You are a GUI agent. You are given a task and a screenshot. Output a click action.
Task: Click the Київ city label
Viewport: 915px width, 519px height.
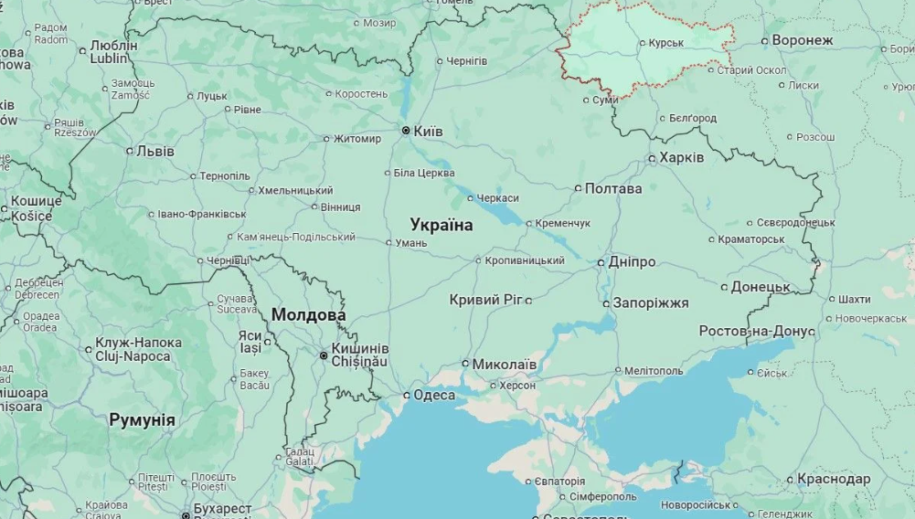[428, 132]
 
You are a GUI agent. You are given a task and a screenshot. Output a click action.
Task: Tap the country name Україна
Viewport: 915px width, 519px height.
[442, 225]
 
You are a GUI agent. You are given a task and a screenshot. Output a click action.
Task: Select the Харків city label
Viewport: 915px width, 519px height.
[682, 157]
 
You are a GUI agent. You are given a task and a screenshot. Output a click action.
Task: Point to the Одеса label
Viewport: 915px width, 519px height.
[434, 395]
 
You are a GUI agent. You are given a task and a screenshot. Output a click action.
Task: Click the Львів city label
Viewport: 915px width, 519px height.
[154, 151]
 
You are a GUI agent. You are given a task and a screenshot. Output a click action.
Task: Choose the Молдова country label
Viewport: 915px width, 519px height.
[308, 315]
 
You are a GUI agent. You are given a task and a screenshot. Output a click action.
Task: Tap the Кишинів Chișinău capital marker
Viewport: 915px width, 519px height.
[324, 355]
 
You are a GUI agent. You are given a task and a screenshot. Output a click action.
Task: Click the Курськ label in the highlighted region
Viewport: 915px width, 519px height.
[665, 43]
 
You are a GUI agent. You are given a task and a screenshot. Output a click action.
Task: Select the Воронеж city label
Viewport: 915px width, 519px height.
[803, 40]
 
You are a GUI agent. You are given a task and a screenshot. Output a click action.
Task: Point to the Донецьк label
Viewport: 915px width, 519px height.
[761, 287]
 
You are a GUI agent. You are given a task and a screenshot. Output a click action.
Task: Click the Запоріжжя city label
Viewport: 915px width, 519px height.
[651, 303]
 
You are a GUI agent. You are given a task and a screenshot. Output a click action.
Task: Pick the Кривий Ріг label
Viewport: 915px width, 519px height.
[485, 300]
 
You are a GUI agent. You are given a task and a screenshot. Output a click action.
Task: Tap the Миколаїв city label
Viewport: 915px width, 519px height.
[505, 364]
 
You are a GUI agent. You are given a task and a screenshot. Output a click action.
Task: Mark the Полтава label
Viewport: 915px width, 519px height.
[613, 188]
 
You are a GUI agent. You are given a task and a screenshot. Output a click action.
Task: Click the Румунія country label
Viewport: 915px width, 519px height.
[142, 419]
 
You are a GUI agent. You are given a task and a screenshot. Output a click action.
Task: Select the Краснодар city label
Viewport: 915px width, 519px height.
[834, 479]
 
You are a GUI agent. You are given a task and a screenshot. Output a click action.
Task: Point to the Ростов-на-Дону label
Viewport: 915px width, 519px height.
[757, 331]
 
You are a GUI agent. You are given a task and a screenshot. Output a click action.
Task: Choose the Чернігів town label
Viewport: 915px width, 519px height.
[467, 61]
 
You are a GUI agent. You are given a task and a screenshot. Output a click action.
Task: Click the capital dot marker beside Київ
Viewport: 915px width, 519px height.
[406, 131]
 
